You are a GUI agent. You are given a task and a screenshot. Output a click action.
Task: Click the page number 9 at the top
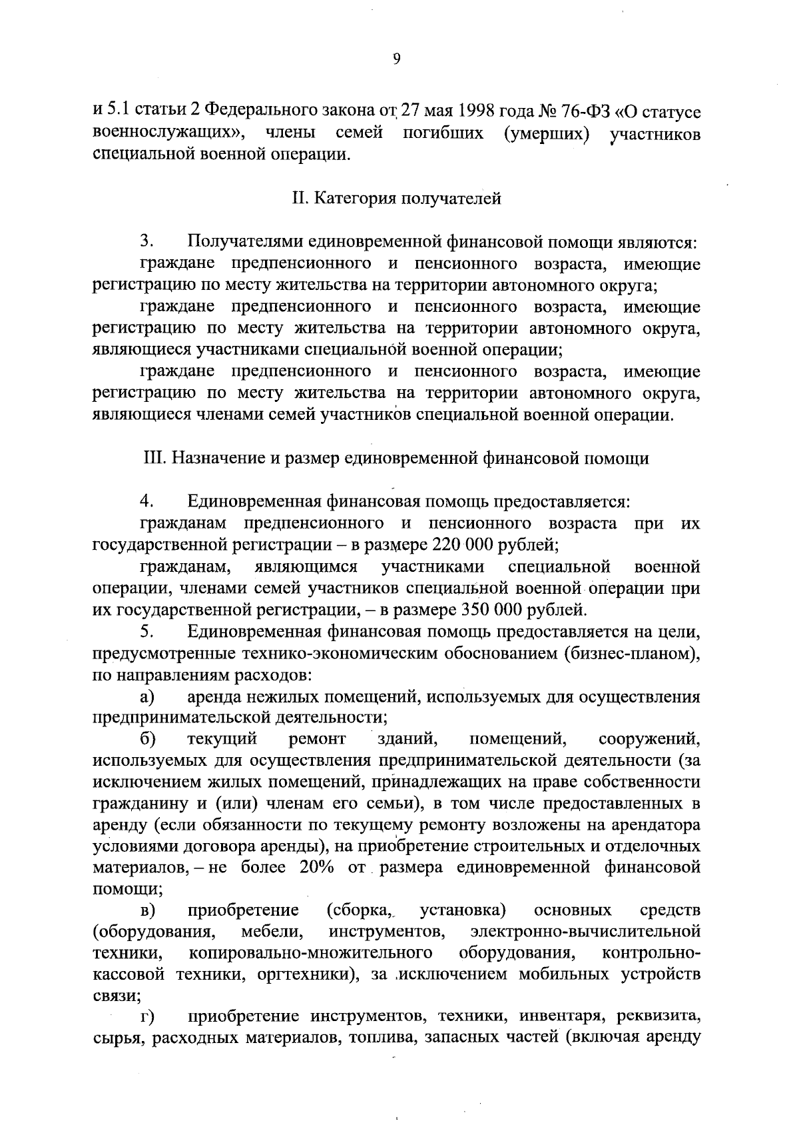397,59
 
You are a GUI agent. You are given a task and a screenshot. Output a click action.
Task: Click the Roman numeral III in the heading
154,459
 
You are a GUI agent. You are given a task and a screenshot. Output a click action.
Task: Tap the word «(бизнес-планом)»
632,652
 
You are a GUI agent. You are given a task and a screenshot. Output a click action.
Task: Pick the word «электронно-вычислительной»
585,932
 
